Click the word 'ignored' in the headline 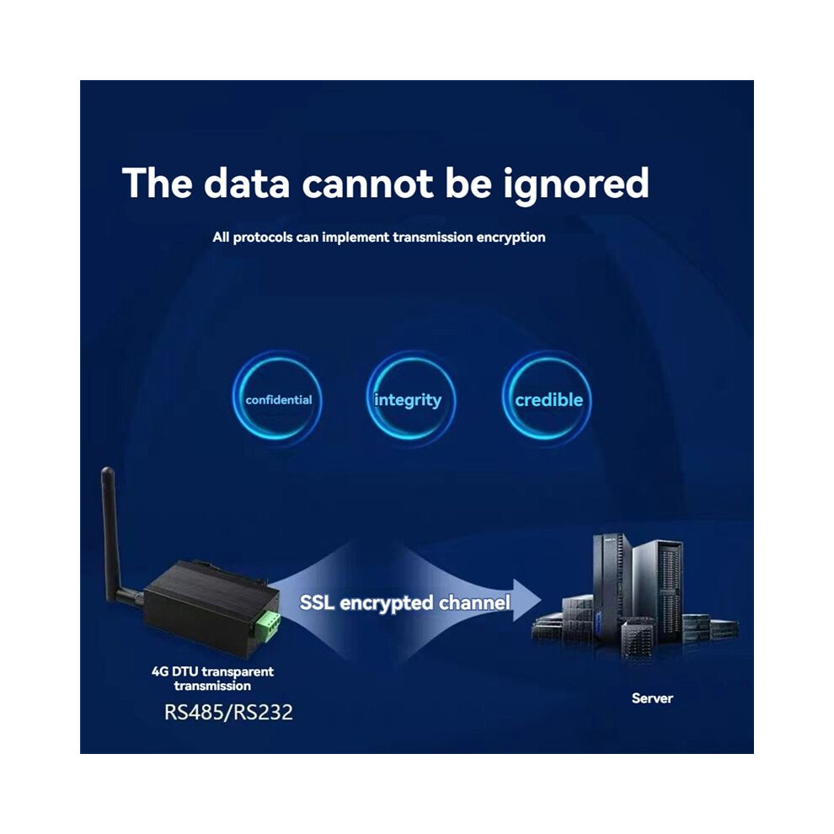tap(576, 184)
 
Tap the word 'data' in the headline tap(247, 183)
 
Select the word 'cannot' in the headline tap(368, 184)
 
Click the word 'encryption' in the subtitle tap(511, 238)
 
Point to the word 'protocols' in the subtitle tap(263, 238)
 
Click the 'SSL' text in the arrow tap(317, 602)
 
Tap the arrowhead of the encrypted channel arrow tap(527, 600)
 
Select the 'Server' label tap(652, 698)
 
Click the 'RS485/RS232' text tap(228, 712)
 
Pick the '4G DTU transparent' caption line tap(212, 671)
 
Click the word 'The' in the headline tap(157, 184)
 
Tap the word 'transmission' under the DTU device tap(212, 686)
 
